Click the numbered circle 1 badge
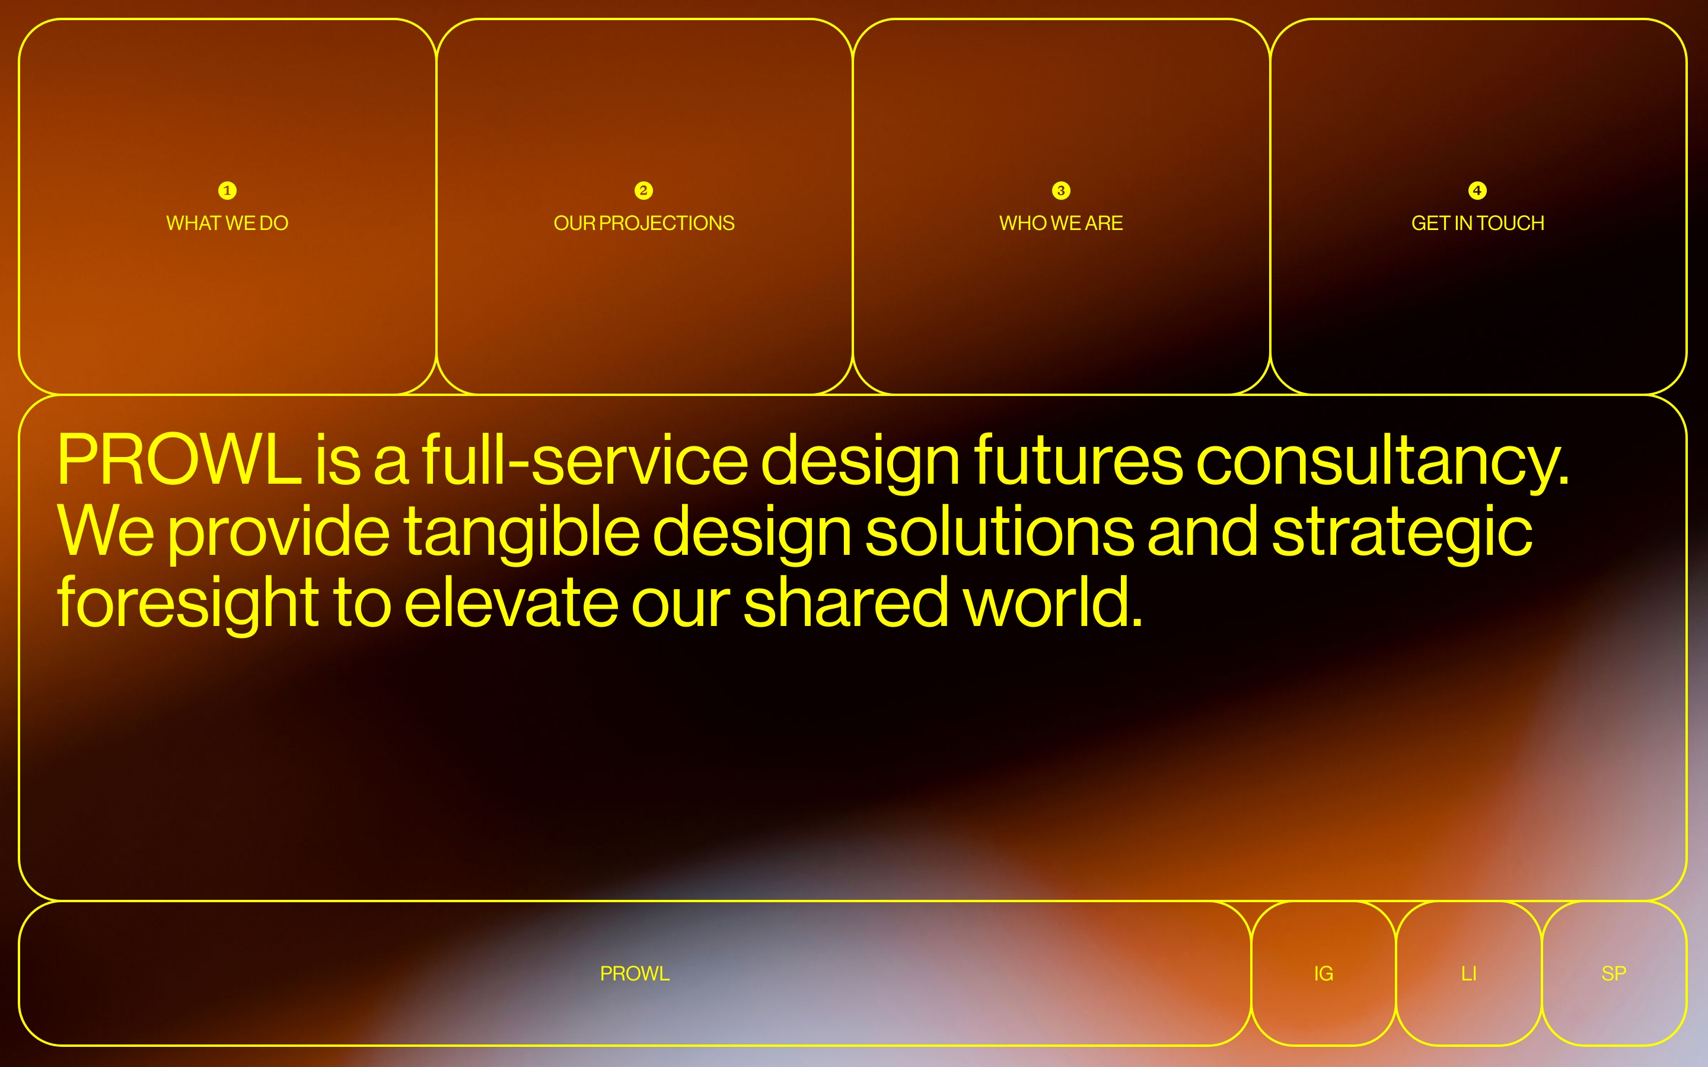227,190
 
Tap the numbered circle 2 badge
643,190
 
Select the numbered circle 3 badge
1061,190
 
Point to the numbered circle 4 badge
1477,190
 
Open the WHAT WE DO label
227,223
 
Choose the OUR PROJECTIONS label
643,223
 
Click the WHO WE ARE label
1061,223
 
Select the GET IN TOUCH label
1478,223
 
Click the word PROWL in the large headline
179,459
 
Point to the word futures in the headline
1078,459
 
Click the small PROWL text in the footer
635,974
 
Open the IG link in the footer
1323,974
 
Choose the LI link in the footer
1469,974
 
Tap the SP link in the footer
1614,974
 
